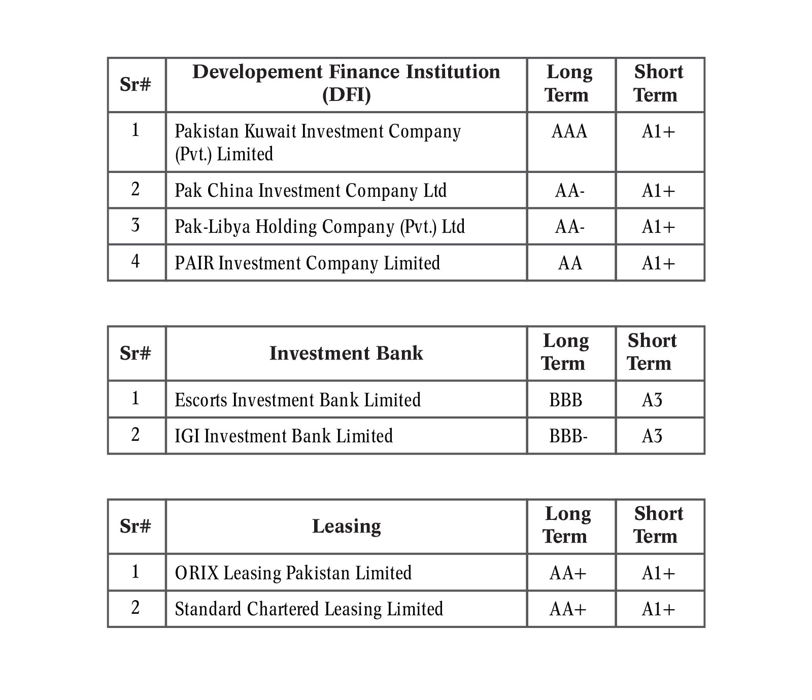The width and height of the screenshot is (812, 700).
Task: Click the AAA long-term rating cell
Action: click(569, 132)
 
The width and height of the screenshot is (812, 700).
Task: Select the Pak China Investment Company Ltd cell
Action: click(311, 191)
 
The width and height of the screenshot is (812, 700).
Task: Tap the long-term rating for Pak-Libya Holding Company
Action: click(569, 227)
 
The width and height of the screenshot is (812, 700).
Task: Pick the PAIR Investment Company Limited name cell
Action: click(307, 263)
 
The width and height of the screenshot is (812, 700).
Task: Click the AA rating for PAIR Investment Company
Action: click(570, 263)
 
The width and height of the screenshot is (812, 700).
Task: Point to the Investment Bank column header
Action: click(346, 353)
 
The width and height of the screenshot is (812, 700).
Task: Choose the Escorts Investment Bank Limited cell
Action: click(297, 400)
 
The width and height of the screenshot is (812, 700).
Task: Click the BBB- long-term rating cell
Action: click(568, 436)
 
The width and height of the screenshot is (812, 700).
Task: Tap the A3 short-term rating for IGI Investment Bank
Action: click(652, 436)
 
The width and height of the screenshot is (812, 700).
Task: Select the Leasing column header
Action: click(346, 526)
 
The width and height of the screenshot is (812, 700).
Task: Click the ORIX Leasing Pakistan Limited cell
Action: click(293, 573)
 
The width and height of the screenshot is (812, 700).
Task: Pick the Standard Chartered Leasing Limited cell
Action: click(309, 609)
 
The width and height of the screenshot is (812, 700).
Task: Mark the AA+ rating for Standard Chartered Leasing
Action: click(568, 609)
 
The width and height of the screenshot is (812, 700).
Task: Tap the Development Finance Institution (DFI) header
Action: click(346, 83)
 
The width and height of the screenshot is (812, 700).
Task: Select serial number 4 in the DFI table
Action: click(136, 262)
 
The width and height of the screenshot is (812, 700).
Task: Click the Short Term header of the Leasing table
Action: click(658, 525)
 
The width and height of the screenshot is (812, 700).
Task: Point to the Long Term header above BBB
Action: click(565, 352)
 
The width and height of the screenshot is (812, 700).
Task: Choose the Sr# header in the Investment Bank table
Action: click(136, 353)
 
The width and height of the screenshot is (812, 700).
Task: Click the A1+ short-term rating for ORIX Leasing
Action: click(658, 573)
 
